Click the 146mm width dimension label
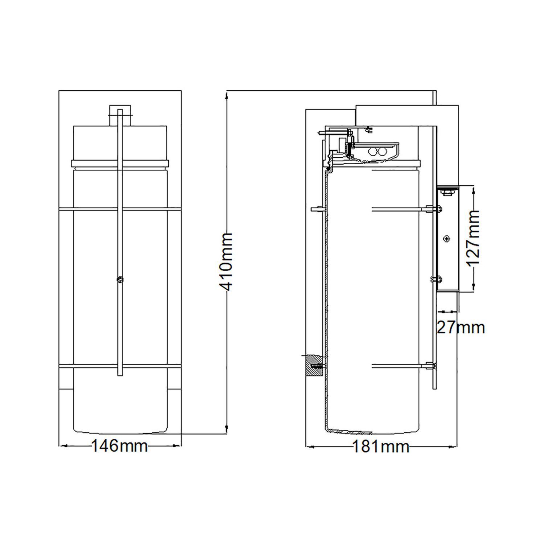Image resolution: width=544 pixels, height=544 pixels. point(119,446)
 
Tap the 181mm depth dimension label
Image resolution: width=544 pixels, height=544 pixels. point(381,446)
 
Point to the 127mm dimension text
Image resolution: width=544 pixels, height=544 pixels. point(473,238)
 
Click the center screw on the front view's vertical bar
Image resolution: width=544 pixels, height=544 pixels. point(120,279)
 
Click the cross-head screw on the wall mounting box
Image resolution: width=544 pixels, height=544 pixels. point(446,239)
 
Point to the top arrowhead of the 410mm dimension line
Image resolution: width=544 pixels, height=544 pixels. point(227,95)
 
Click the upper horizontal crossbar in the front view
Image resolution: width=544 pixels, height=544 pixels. point(120,209)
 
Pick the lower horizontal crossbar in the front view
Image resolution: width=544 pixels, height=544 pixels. point(120,366)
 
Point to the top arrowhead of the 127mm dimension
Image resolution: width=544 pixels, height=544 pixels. point(474,189)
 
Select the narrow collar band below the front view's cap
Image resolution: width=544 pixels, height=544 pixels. point(120,163)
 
